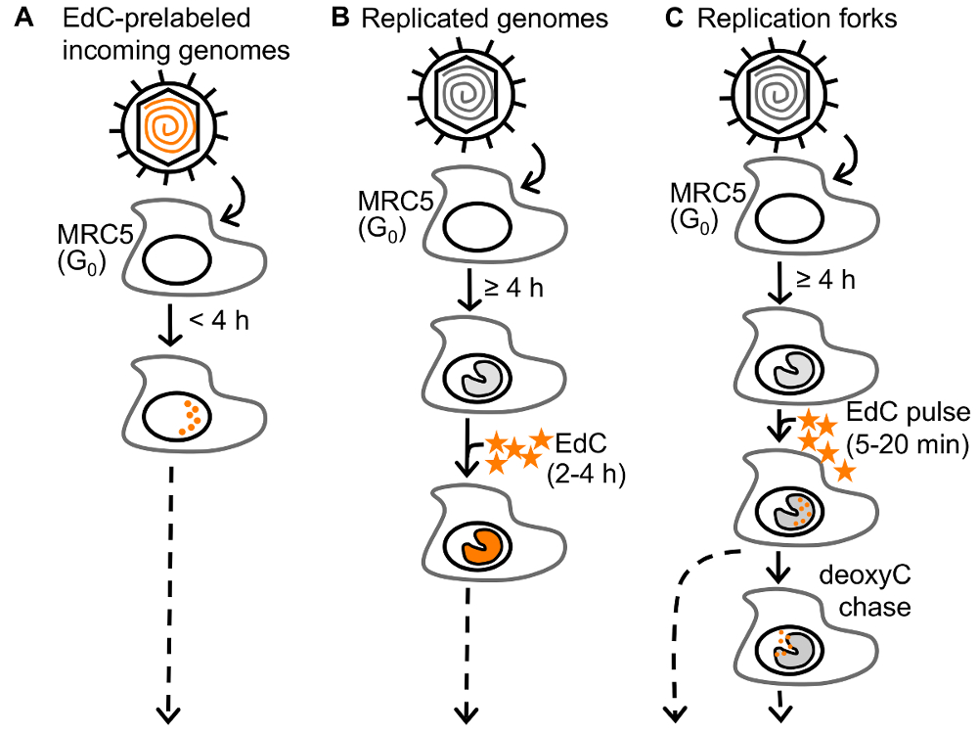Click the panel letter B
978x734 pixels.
tap(341, 20)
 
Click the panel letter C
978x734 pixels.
tap(672, 20)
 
